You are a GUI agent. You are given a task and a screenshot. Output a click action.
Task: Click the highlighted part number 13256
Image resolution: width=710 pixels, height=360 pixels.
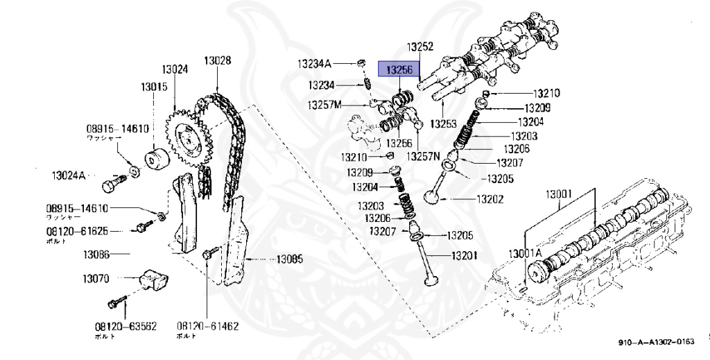point(399,69)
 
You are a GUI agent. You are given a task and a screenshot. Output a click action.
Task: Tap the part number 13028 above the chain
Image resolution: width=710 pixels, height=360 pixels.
point(217,60)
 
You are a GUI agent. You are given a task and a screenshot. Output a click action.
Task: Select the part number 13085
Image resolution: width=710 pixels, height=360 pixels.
point(290,260)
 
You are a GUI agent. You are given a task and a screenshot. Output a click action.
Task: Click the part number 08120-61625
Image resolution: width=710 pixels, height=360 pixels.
point(77,231)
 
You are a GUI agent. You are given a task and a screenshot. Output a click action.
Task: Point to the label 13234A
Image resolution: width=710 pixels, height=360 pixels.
point(315,64)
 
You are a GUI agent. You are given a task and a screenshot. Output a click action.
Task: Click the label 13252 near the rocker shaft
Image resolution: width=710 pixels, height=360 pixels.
point(419,47)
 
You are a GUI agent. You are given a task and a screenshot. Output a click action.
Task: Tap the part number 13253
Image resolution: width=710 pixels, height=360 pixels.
point(443,123)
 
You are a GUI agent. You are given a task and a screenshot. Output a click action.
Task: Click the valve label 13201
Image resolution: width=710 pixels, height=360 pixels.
point(464,256)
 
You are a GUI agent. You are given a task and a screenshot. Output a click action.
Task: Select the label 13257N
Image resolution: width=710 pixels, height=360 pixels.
point(424,155)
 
